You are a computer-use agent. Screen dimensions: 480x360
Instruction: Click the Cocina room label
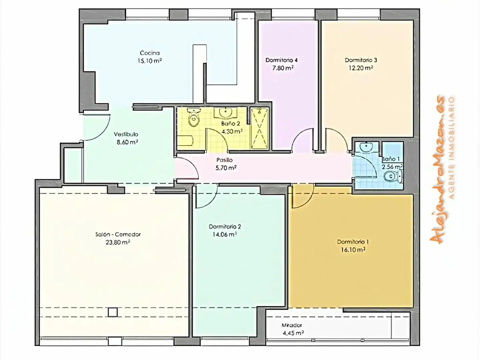[x=150, y=53]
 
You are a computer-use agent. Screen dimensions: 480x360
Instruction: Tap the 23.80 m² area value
[x=118, y=242]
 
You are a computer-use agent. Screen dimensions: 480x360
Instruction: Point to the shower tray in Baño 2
[x=259, y=128]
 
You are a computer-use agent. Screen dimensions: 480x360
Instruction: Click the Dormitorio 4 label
[x=282, y=60]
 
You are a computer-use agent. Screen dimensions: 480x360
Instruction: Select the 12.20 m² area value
[x=361, y=68]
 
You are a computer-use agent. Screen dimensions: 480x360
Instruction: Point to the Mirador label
[x=292, y=325]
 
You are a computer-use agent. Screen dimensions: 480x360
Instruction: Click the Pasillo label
[x=225, y=160]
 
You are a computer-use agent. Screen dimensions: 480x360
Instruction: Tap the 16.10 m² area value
[x=353, y=250]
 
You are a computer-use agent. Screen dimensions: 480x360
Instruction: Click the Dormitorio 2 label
[x=225, y=227]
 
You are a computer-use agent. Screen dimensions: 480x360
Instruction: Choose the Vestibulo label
[x=126, y=134]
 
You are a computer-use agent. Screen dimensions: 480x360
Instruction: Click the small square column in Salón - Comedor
[x=113, y=312]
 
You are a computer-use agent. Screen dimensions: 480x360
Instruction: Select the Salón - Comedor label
[x=118, y=235]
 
